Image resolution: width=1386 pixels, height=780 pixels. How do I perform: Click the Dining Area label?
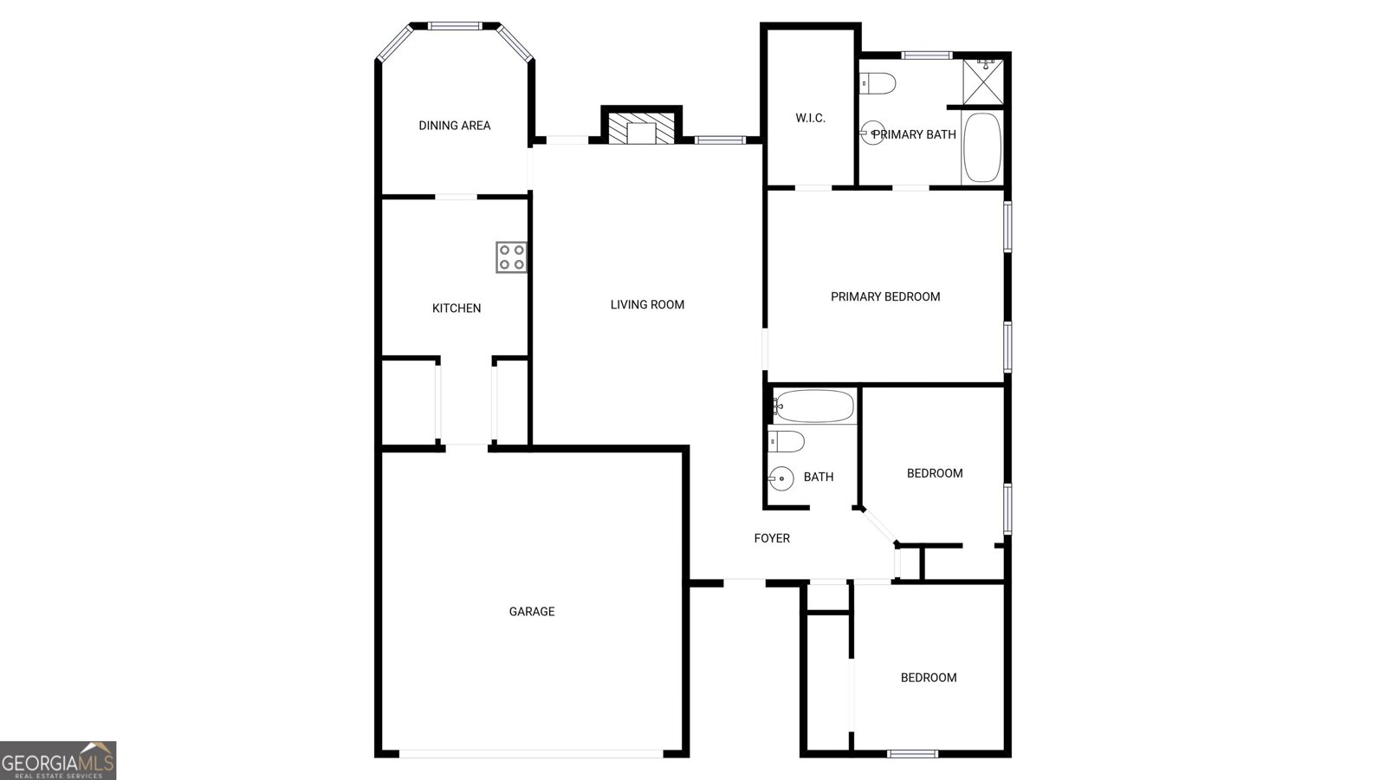coord(455,126)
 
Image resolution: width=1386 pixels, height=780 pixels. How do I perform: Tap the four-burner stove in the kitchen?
coord(512,257)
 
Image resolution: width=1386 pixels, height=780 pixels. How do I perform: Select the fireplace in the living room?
coord(642,128)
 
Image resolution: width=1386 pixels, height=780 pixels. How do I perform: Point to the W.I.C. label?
coord(811,118)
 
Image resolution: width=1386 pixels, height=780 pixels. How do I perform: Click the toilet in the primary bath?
coord(878,83)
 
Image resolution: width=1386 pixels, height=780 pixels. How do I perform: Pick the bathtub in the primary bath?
coord(982,147)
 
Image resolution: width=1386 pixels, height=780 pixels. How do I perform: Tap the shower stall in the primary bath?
coord(983,80)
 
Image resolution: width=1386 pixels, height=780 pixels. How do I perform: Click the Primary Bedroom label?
coord(885,296)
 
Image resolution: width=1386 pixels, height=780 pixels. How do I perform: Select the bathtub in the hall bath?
coord(814,406)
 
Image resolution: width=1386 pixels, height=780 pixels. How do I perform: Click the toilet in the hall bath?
coord(787,441)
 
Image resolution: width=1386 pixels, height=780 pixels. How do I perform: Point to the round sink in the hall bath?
coord(781,478)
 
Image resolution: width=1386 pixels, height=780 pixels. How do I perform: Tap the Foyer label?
coord(772,538)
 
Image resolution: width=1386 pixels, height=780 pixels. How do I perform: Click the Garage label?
coord(532,612)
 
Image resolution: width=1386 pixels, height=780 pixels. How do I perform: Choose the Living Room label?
coord(647,304)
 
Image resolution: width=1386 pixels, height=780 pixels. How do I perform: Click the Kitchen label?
coord(457,309)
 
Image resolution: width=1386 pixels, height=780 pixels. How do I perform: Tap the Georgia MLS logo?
coord(58,760)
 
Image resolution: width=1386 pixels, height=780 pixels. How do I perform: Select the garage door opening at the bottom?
coord(531,753)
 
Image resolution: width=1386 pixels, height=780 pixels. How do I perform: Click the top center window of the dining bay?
coord(456,26)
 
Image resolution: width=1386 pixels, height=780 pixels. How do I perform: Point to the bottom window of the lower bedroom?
coord(913,753)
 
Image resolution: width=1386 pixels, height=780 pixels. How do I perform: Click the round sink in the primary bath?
coord(872,133)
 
